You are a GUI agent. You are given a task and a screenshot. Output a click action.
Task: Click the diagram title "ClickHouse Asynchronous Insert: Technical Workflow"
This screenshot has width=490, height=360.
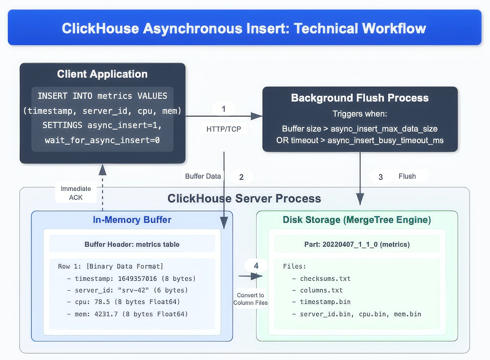[x=244, y=28]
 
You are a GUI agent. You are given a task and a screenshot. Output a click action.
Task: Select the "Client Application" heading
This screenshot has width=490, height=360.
[x=102, y=74]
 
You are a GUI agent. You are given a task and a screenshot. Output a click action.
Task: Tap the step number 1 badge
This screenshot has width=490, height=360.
[x=224, y=109]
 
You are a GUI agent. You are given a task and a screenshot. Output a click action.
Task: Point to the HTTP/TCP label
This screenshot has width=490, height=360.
[x=224, y=129]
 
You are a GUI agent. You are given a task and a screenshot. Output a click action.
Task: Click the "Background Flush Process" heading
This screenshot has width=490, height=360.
[x=360, y=98]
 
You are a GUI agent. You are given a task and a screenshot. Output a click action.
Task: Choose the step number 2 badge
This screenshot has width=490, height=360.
[x=241, y=177]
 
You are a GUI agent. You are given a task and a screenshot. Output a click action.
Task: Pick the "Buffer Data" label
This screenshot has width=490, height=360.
[x=203, y=176]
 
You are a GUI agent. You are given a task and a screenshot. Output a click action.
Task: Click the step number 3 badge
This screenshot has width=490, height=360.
[x=381, y=177]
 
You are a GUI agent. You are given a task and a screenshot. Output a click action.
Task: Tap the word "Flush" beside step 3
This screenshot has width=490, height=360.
[x=407, y=176]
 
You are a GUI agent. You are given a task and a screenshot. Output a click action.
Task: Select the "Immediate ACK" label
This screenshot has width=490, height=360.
[x=76, y=193]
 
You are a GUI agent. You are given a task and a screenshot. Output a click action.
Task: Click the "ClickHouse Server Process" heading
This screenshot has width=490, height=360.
[x=244, y=198]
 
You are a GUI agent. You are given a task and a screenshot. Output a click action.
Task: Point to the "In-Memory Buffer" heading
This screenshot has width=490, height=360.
[x=132, y=220]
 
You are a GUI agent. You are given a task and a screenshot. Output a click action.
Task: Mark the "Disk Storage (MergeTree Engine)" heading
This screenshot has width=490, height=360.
[x=357, y=220]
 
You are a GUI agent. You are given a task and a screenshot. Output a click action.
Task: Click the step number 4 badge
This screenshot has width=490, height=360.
[x=256, y=266]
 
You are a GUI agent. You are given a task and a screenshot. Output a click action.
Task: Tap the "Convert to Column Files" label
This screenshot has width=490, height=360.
[x=250, y=299]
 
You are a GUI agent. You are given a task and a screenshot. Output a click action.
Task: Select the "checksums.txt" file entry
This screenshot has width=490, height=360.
[x=325, y=279]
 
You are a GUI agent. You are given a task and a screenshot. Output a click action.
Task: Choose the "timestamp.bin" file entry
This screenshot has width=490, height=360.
[x=325, y=302]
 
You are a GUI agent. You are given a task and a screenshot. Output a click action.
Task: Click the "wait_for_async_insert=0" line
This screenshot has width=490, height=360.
[x=102, y=140]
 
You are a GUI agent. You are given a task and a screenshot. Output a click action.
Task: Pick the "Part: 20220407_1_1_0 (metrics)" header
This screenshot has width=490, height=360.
[x=357, y=244]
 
